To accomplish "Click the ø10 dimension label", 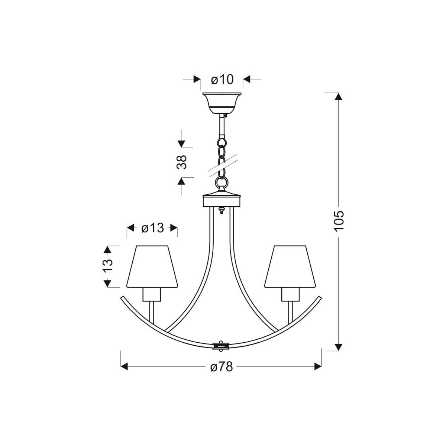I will tap(222, 79).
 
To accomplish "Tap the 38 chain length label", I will tap(182, 162).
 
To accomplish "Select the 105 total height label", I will tap(339, 221).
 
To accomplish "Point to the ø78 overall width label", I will tap(221, 367).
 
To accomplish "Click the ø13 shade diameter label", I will tap(152, 228).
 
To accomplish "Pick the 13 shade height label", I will tap(108, 266).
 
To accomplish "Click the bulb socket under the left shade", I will tap(152, 295).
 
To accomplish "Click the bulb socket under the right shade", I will tap(290, 295).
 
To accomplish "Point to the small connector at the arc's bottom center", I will tap(222, 345).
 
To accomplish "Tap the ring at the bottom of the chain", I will tap(222, 183).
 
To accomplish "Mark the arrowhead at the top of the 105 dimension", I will tap(338, 96).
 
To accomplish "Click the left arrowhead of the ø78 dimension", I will tap(125, 367).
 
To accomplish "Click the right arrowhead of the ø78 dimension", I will tap(318, 367).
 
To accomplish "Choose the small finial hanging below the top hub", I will tap(222, 210).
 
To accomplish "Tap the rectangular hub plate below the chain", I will tap(222, 201).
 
